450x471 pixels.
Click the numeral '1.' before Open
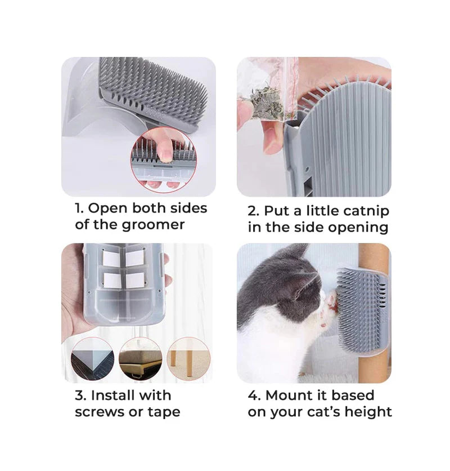coord(79,208)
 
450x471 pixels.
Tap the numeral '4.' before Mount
coord(254,396)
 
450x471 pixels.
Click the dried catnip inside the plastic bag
coord(266,102)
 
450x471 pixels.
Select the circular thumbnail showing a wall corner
coord(92,359)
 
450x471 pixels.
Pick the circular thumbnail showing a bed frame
coord(141,359)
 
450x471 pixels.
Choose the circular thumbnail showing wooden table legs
coord(188,359)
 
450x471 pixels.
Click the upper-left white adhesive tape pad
coord(111,259)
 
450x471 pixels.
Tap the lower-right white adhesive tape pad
coord(134,281)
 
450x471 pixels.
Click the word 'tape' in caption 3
coord(164,412)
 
